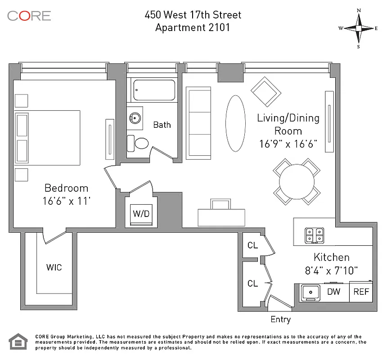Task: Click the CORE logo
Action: click(29, 15)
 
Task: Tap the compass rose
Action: click(358, 28)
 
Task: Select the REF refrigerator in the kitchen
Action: click(361, 292)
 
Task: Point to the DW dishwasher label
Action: click(333, 292)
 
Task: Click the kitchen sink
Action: click(310, 292)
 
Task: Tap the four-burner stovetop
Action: click(314, 235)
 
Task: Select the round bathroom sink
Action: click(135, 118)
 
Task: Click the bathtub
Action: click(154, 90)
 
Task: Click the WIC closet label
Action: click(54, 267)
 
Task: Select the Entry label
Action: click(280, 319)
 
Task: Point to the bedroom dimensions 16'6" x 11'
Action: click(66, 201)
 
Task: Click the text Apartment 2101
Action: click(193, 27)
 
